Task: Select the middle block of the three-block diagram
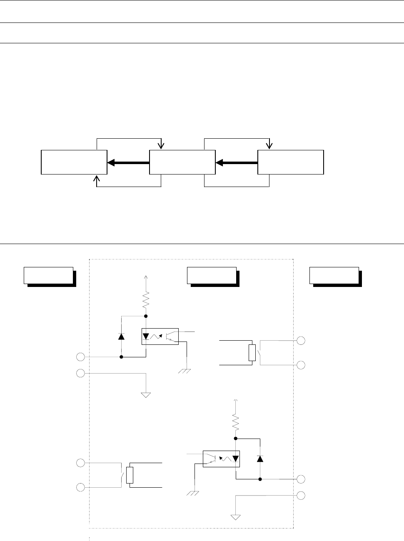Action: [182, 162]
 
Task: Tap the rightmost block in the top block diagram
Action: [291, 162]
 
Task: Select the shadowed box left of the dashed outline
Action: [49, 276]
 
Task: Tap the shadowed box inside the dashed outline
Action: [212, 276]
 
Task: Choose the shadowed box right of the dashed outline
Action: [334, 276]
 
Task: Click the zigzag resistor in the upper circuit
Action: [146, 299]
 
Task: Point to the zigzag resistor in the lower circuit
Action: [235, 422]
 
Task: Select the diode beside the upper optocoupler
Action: [121, 336]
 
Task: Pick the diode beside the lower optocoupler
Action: [260, 459]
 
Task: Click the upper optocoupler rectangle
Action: [160, 337]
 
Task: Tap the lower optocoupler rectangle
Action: [221, 459]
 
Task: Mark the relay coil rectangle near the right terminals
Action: [252, 352]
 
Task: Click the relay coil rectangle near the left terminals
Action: [130, 475]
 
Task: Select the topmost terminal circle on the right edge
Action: [301, 341]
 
